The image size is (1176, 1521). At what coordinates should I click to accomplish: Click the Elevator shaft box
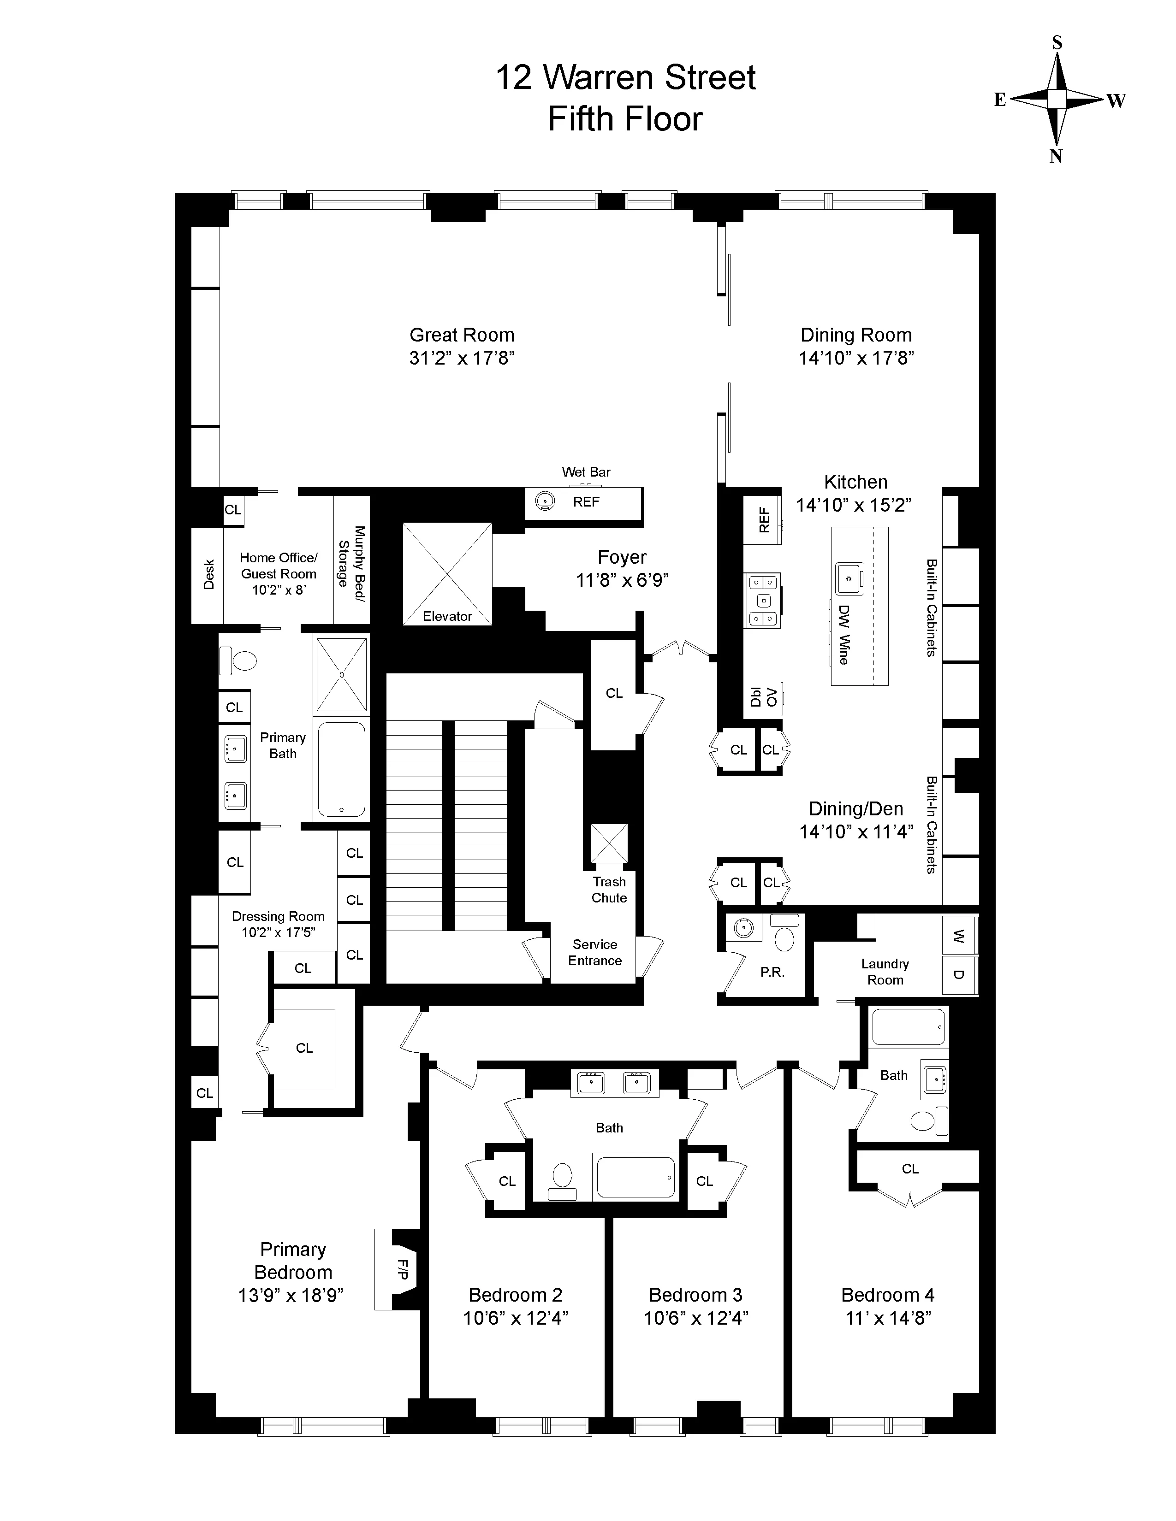tap(447, 573)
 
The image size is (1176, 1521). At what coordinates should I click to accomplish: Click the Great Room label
tap(462, 335)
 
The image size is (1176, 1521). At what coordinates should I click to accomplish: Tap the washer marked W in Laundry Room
tap(959, 936)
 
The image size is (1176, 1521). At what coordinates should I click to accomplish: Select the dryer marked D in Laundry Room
tap(959, 974)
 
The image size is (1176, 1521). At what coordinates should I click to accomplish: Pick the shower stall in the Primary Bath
tap(341, 674)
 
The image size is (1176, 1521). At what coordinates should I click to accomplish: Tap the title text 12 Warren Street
tap(625, 77)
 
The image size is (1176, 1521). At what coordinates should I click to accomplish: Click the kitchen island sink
tap(849, 578)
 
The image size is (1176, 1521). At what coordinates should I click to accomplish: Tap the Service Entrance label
tap(594, 952)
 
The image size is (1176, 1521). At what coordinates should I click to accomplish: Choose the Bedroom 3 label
tap(695, 1295)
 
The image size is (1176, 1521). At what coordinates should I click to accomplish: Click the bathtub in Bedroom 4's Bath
tap(909, 1028)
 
